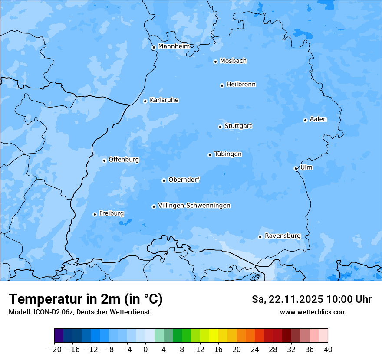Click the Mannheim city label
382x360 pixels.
tap(174, 46)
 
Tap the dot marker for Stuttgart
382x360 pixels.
tap(220, 127)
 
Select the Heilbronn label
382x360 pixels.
tap(241, 84)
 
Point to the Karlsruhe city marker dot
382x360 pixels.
tap(145, 101)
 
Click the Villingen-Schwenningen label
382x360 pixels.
tap(194, 205)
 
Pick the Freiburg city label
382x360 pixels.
tap(111, 213)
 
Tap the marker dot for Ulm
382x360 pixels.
tap(296, 168)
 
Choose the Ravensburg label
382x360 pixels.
tap(283, 236)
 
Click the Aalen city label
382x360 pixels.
tap(318, 119)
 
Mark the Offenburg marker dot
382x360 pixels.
tap(104, 160)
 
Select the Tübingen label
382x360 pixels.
tap(228, 154)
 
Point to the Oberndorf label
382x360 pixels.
tap(184, 179)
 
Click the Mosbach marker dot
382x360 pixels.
tap(215, 62)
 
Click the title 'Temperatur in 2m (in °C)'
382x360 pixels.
tap(86, 299)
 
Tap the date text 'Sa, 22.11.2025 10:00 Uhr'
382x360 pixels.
tap(311, 299)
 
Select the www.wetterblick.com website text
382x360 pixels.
tap(313, 312)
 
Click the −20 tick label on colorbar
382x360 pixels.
tap(54, 350)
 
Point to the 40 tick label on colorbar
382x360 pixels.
tap(328, 350)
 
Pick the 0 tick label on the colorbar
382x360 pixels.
tap(145, 350)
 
